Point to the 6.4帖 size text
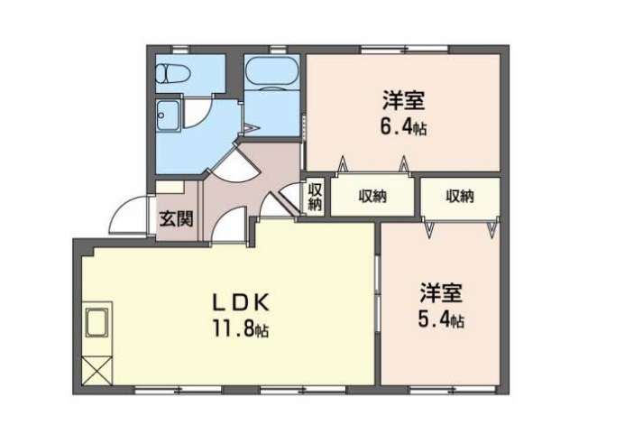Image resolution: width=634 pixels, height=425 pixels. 401,126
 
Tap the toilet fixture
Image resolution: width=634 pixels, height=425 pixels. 171,73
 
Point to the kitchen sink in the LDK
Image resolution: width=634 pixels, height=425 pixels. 97,322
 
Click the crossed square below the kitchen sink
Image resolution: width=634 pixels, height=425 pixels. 97,368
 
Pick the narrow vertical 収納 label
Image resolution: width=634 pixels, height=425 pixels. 314,197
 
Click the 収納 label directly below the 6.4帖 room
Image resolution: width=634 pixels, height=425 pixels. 372,196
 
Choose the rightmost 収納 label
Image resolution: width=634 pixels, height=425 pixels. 460,196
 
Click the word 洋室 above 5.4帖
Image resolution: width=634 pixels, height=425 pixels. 440,293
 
